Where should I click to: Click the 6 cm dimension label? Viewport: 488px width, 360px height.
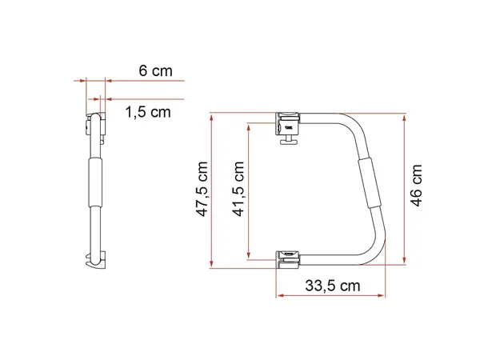[156, 70]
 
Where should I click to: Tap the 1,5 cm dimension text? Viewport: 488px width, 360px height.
[149, 112]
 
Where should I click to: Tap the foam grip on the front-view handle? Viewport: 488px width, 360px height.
[370, 181]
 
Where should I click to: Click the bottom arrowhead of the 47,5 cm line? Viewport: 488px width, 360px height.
[211, 268]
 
